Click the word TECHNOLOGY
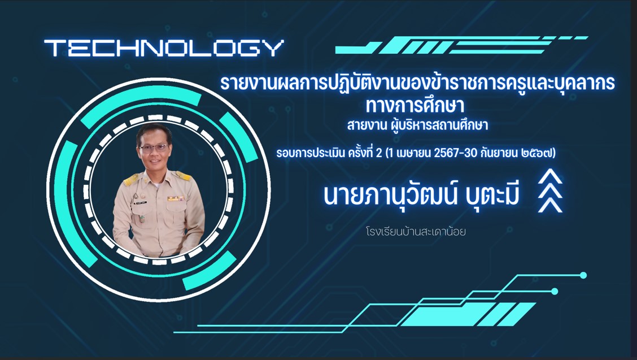[x=164, y=48]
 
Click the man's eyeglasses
[x=154, y=148]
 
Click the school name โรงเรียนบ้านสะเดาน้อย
[x=415, y=232]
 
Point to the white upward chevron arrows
[x=550, y=191]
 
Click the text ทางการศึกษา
[x=415, y=105]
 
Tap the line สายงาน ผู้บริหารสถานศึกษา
[x=417, y=124]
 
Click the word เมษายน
[x=413, y=153]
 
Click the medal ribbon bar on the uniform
[x=176, y=198]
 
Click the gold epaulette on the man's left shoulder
[x=183, y=176]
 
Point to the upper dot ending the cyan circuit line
[x=583, y=275]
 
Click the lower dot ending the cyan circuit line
[x=555, y=291]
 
